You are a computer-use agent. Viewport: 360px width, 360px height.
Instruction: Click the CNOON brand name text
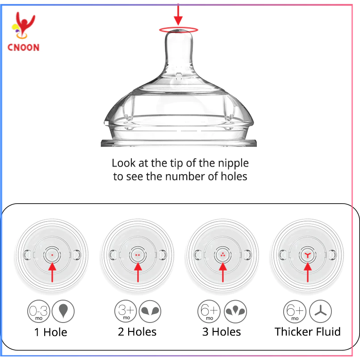click(x=23, y=47)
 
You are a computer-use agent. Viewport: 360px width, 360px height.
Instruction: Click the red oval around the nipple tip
click(x=178, y=29)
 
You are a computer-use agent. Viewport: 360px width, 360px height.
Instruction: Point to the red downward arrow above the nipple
click(x=178, y=14)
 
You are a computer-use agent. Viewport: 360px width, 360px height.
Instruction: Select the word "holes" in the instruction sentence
click(x=234, y=176)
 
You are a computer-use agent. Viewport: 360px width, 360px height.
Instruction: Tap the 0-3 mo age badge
click(x=38, y=311)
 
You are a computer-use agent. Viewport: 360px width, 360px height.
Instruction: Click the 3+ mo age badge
click(x=126, y=311)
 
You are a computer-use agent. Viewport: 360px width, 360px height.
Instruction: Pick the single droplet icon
click(x=63, y=311)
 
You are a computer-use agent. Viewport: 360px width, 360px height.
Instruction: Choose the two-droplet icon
click(x=150, y=311)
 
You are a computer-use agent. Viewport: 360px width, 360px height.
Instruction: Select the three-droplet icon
click(x=235, y=311)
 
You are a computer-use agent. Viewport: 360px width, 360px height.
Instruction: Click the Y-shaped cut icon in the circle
click(x=321, y=311)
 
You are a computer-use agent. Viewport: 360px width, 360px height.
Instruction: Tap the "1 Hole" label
click(x=51, y=332)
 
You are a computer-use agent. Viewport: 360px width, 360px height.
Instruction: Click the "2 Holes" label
click(x=137, y=332)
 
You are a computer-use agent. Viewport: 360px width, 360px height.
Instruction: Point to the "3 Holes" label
click(x=222, y=332)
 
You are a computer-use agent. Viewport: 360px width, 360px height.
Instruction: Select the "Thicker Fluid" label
click(x=308, y=332)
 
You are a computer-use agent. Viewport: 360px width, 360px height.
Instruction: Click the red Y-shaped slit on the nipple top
click(x=308, y=255)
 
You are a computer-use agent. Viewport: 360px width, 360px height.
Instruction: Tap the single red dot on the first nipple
click(x=52, y=255)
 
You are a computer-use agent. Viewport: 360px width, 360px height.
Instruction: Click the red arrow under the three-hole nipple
click(x=223, y=272)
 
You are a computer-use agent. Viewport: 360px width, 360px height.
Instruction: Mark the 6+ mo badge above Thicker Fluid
click(x=295, y=311)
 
